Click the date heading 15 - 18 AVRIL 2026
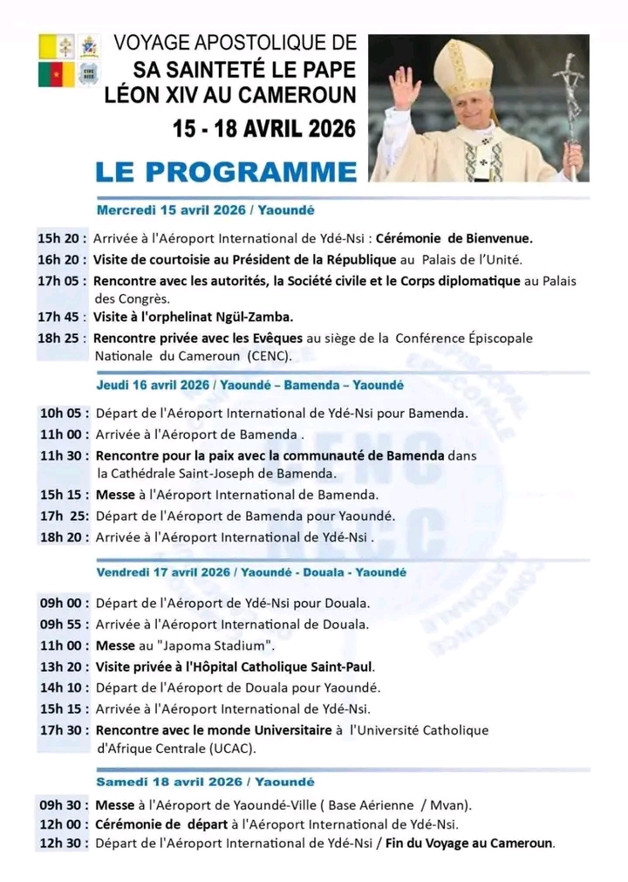264,127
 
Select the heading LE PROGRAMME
226,170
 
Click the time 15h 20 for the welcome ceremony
61,237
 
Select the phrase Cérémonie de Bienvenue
454,237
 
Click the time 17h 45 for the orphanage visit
61,317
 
